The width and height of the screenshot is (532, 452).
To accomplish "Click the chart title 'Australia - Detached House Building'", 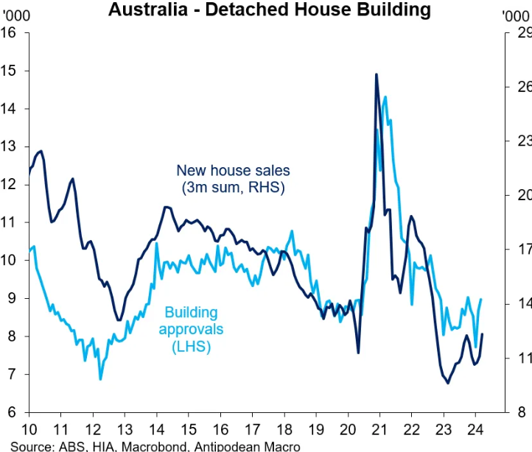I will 268,10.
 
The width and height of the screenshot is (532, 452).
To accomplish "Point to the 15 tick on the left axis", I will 10,71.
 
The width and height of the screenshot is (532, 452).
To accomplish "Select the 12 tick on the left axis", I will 10,185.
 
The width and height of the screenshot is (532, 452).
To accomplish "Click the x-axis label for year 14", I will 157,429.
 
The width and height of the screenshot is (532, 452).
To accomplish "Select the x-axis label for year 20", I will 348,429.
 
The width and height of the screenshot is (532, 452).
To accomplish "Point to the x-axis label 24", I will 475,429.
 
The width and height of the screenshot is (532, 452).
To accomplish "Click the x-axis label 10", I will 30,429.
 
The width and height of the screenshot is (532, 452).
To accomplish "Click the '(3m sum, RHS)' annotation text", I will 233,188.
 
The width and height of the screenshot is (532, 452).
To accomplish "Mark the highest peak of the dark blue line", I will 377,74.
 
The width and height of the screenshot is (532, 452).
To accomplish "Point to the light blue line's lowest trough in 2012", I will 100,378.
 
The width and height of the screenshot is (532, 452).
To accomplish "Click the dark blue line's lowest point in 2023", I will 447,383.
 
